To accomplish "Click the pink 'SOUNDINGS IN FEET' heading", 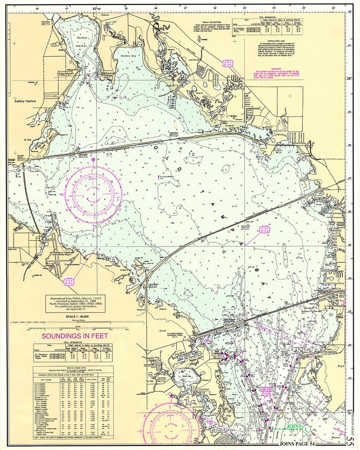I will coord(74,336).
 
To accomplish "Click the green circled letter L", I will coord(306,427).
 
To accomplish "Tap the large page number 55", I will coord(354,440).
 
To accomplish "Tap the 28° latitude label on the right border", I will coord(350,78).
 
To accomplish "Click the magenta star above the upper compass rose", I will coord(93,160).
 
